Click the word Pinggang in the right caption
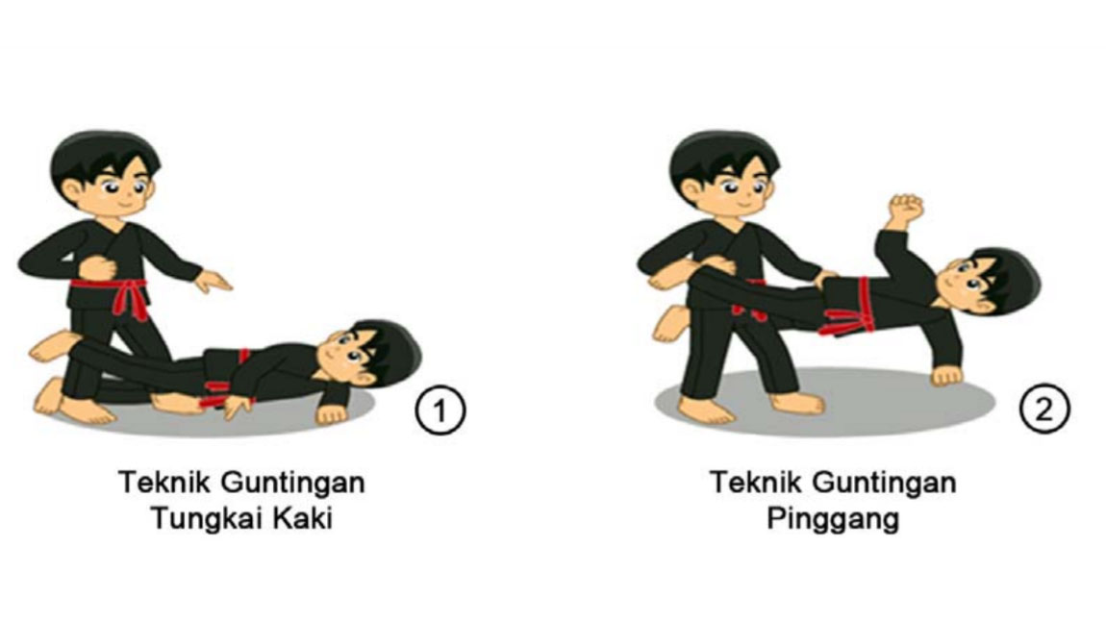click(x=833, y=519)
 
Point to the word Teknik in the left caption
click(x=158, y=481)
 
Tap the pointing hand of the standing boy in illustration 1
click(x=214, y=282)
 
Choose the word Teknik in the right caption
click(x=748, y=481)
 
